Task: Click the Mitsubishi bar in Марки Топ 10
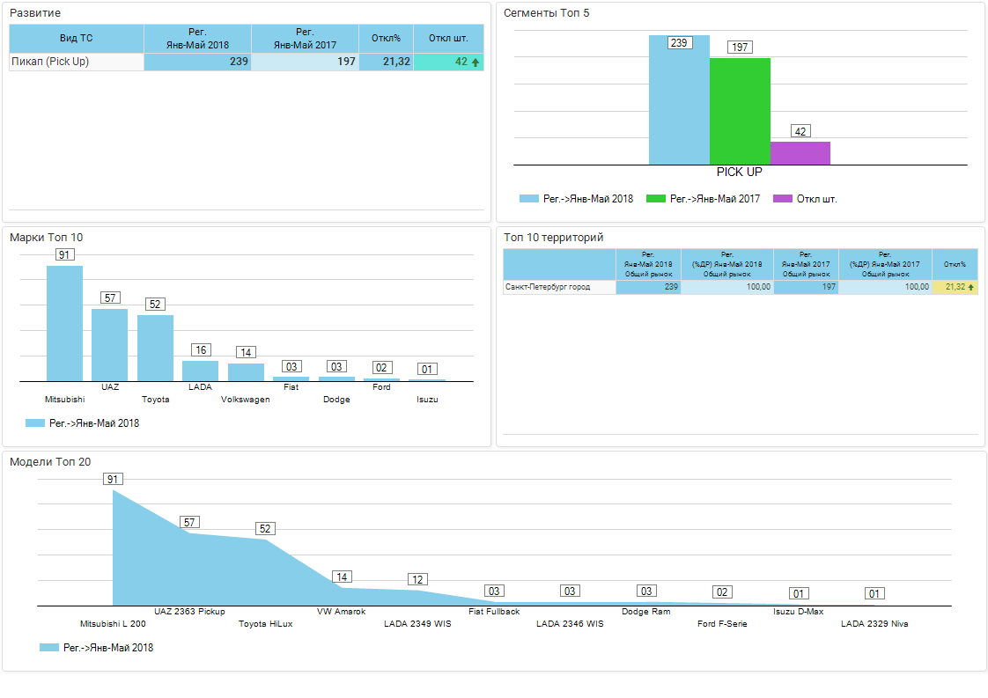click(x=64, y=323)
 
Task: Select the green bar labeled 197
click(x=740, y=111)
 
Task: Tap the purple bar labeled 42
click(x=800, y=153)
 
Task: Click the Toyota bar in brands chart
click(x=155, y=348)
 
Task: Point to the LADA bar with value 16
click(x=200, y=371)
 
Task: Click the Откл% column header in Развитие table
click(x=386, y=38)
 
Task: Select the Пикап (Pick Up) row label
click(x=50, y=62)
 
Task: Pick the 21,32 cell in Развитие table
click(x=386, y=62)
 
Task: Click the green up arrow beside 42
click(x=476, y=62)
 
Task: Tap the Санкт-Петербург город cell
click(x=547, y=287)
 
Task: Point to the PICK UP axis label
click(x=739, y=173)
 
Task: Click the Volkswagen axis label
click(x=246, y=400)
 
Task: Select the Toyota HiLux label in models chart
click(x=266, y=624)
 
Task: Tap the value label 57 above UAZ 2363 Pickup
click(x=189, y=522)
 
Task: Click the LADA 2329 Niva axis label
click(x=874, y=624)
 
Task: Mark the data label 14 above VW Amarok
click(x=343, y=577)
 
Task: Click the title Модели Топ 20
click(x=50, y=462)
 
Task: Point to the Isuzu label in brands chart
click(x=427, y=400)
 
